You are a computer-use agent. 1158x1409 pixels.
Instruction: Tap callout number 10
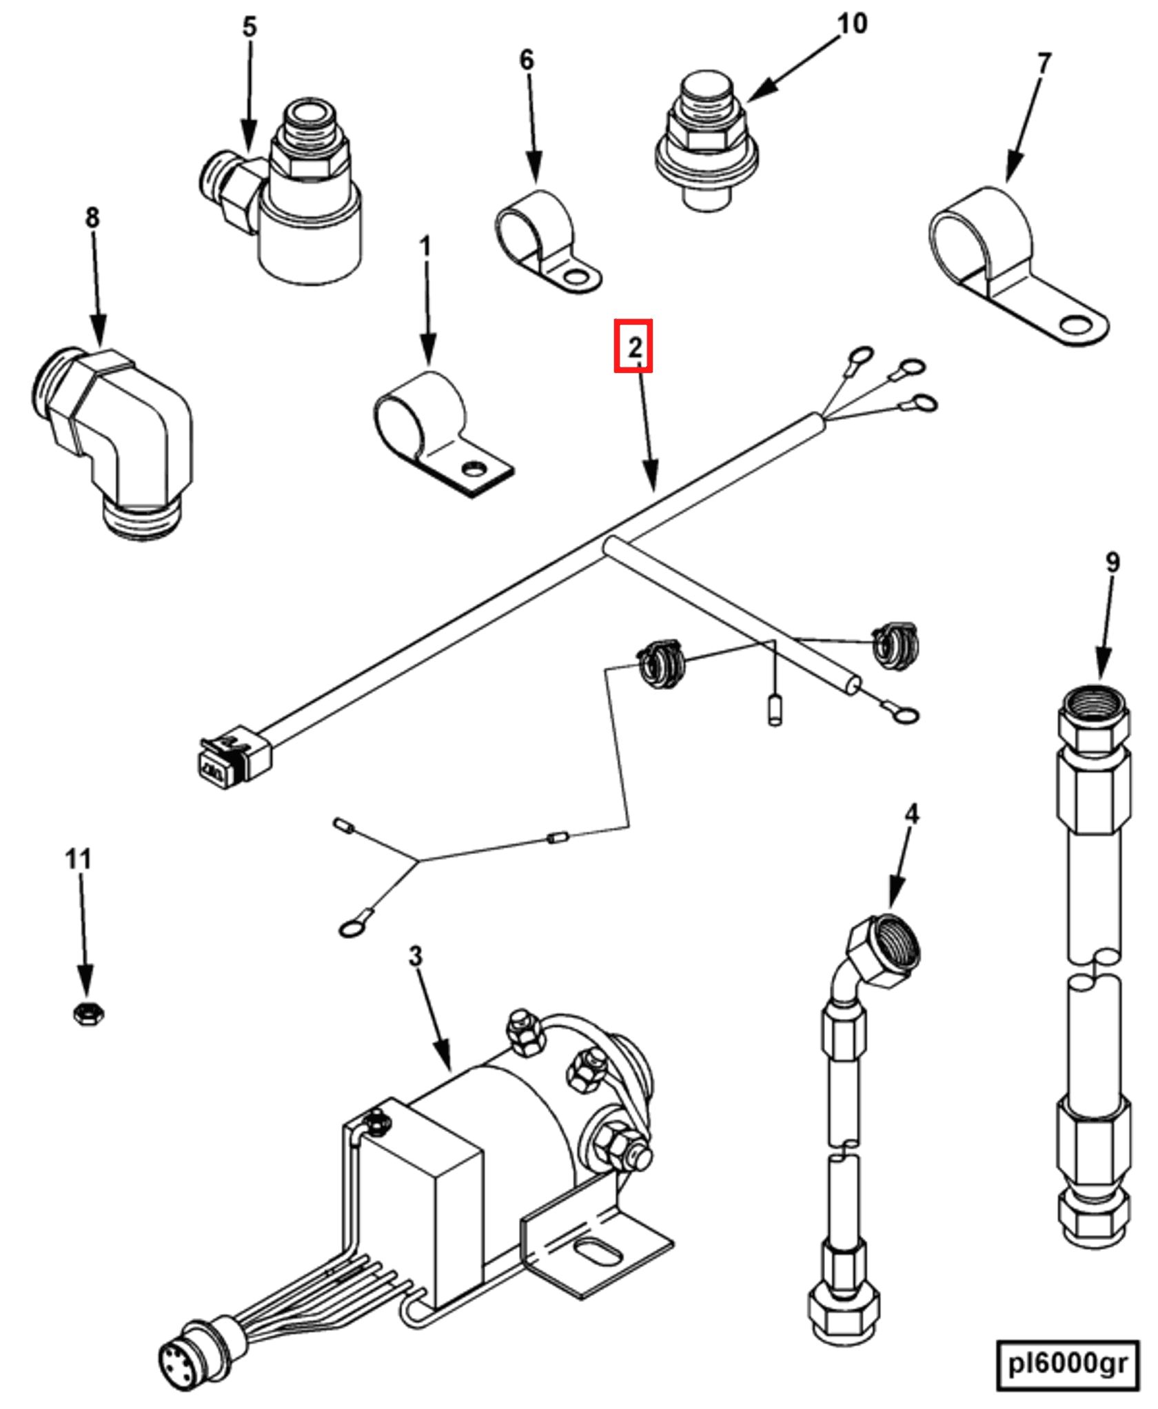point(851,25)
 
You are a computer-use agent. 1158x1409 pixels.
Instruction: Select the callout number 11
point(78,860)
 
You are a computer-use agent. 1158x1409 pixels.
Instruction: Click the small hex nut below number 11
point(88,1013)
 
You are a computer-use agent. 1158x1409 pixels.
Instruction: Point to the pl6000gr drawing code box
point(1066,1364)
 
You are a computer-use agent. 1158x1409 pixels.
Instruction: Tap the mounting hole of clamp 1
point(474,469)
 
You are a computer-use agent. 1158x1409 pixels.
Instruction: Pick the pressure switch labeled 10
point(707,141)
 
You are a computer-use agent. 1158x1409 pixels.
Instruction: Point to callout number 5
point(249,28)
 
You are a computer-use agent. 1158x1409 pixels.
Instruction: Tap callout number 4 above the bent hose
point(911,814)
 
